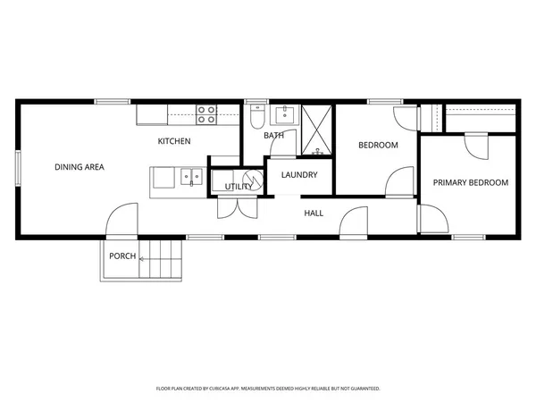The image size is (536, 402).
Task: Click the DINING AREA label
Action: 80,167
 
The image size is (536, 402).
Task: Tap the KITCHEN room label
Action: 174,141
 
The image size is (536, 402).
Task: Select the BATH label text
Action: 273,136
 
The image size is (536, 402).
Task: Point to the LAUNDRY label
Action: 299,174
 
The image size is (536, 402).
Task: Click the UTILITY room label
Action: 237,187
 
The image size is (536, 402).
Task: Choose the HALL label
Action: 314,213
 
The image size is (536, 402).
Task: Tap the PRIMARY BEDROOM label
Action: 470,182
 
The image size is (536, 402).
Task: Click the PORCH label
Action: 122,256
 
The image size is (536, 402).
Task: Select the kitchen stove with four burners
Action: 206,113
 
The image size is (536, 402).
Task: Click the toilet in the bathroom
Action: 256,116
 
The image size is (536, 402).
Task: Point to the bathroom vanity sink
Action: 286,114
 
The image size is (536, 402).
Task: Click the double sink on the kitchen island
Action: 190,176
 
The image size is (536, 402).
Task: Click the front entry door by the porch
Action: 122,221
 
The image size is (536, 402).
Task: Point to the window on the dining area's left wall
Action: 18,171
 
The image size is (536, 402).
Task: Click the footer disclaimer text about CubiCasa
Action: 268,389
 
